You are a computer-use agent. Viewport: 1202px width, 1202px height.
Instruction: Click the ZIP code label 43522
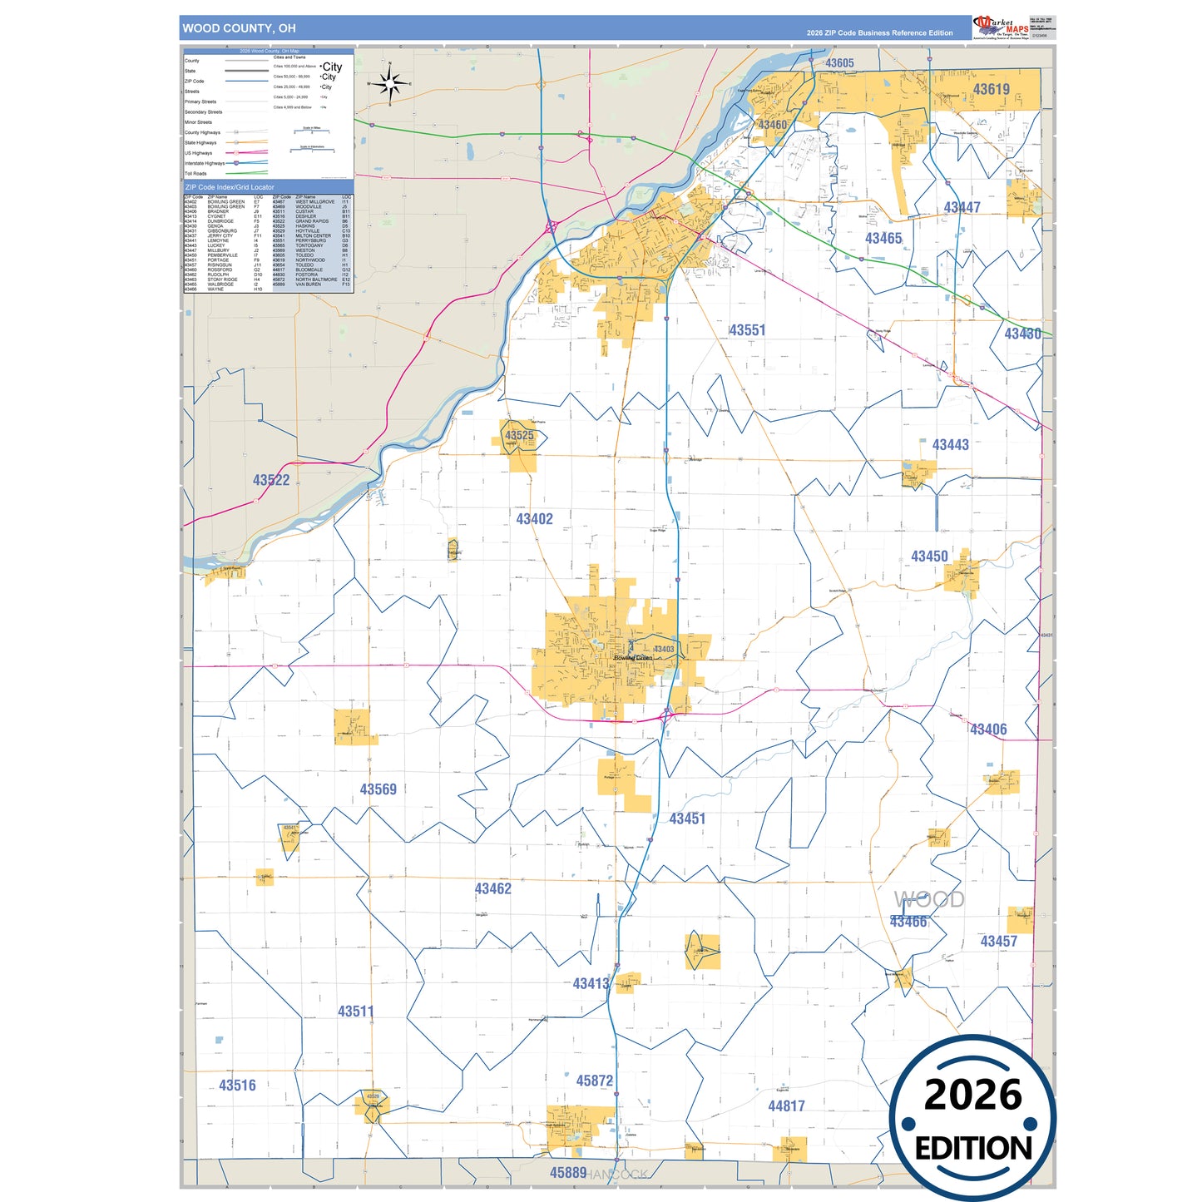click(x=271, y=480)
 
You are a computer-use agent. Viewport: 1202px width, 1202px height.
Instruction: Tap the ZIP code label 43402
click(x=534, y=519)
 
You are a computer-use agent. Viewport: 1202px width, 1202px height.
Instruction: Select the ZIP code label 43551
click(x=747, y=330)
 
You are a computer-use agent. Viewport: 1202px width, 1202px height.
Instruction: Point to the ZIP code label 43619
click(x=991, y=90)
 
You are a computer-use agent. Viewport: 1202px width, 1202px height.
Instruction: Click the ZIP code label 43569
click(x=378, y=789)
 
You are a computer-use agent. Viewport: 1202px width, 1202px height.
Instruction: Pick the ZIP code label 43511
click(x=355, y=1012)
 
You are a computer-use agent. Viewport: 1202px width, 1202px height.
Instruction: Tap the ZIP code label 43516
click(x=237, y=1086)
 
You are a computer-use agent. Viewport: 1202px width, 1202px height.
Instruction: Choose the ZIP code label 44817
click(x=786, y=1106)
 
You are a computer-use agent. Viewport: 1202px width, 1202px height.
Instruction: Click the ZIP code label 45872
click(x=594, y=1081)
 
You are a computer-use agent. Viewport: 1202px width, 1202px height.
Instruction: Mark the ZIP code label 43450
click(x=929, y=556)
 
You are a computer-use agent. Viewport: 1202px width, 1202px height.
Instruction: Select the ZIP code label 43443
click(x=950, y=445)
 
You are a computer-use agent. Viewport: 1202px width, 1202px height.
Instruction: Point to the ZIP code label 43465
click(x=883, y=239)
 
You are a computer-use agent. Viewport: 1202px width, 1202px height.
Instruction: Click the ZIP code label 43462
click(x=492, y=889)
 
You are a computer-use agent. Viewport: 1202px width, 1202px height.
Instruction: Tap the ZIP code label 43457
click(x=998, y=942)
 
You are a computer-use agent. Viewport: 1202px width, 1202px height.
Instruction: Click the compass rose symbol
click(x=389, y=84)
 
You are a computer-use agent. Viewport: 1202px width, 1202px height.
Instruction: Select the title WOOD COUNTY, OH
click(x=239, y=28)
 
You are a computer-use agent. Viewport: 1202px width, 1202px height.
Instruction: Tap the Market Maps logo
click(x=1000, y=27)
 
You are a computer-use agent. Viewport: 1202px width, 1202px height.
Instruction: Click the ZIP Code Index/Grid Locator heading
click(x=230, y=187)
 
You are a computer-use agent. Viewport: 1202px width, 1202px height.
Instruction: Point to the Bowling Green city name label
click(x=633, y=658)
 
